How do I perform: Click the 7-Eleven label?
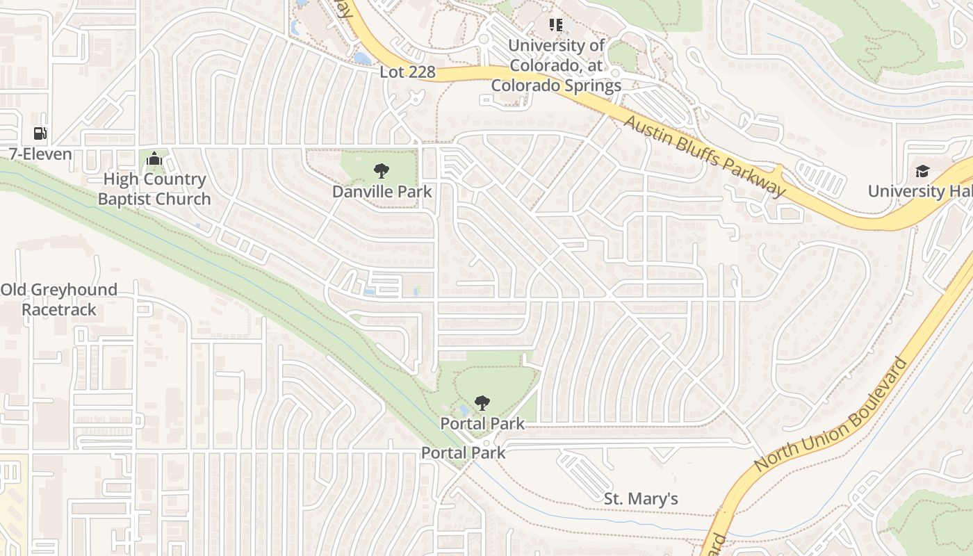pyautogui.click(x=40, y=154)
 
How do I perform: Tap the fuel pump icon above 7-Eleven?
pyautogui.click(x=40, y=133)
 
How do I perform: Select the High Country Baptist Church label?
pyautogui.click(x=154, y=189)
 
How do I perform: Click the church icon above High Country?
pyautogui.click(x=154, y=160)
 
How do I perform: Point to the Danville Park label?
pyautogui.click(x=382, y=191)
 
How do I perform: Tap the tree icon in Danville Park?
pyautogui.click(x=381, y=171)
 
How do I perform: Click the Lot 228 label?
pyautogui.click(x=407, y=72)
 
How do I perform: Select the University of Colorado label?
pyautogui.click(x=556, y=66)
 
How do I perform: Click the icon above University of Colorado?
pyautogui.click(x=555, y=26)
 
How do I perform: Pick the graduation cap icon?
pyautogui.click(x=922, y=171)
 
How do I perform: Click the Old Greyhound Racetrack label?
pyautogui.click(x=59, y=300)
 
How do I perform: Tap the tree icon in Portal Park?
pyautogui.click(x=482, y=403)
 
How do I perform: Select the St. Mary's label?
pyautogui.click(x=640, y=499)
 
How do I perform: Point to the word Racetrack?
pyautogui.click(x=59, y=309)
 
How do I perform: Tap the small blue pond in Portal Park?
pyautogui.click(x=464, y=410)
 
